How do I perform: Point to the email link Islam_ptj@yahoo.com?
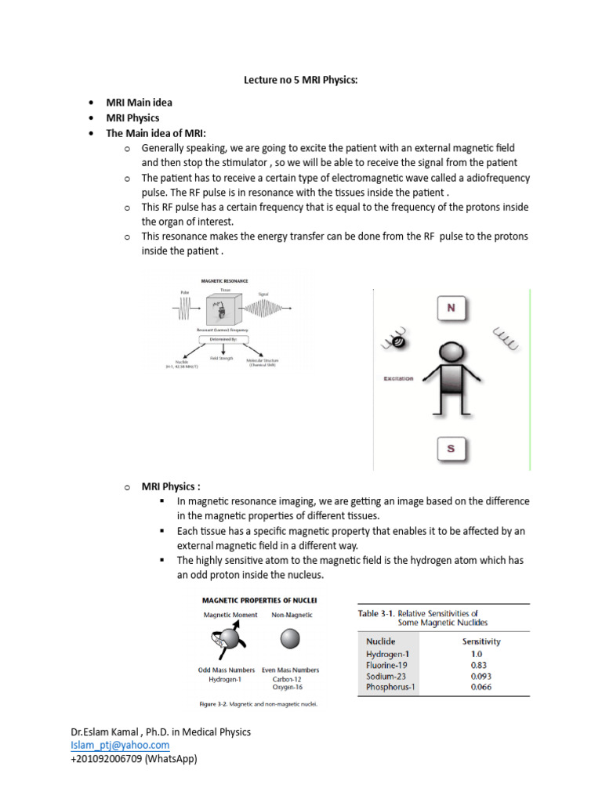120,745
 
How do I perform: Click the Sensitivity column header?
481,641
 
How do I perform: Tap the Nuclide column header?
381,641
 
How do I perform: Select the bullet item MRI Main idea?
139,103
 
